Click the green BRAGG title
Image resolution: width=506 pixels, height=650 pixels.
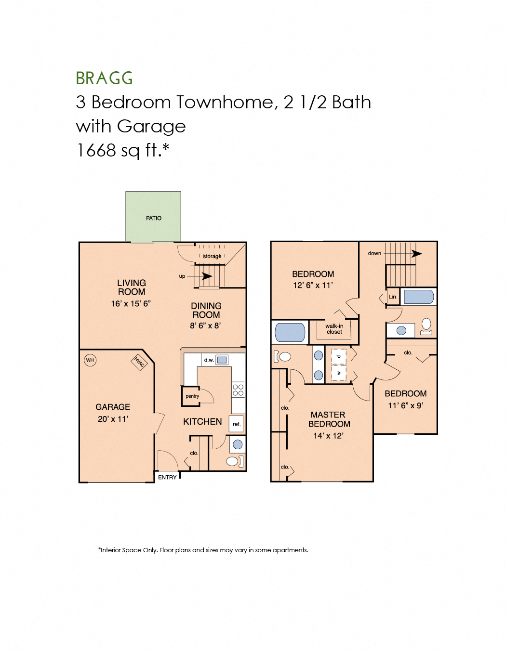coord(104,78)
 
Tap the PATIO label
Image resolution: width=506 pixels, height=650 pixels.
coord(154,218)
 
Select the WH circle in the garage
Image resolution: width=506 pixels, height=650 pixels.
coord(90,360)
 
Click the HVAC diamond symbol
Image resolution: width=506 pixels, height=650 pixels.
coord(139,362)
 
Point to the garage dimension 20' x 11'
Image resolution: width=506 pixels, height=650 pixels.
coord(113,419)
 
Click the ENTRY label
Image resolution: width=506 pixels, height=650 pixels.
coord(167,477)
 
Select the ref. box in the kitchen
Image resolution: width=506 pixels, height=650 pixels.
coord(237,424)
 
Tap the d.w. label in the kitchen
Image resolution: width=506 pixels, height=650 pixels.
coord(209,360)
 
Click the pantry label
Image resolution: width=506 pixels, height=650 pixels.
coord(192,396)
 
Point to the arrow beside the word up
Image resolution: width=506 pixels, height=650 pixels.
coord(206,276)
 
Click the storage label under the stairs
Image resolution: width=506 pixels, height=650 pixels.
coord(212,256)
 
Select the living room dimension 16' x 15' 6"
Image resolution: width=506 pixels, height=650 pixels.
coord(131,303)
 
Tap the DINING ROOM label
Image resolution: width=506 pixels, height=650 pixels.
coord(206,310)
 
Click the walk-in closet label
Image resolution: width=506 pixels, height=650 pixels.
coord(334,329)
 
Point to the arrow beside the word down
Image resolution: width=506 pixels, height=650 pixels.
coord(416,253)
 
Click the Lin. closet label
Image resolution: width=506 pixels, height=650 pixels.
coord(393,297)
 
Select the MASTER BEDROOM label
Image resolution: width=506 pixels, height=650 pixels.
coord(329,419)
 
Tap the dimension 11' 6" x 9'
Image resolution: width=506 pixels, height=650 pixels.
coord(406,405)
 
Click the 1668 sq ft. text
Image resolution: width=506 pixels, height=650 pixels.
coord(123,150)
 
